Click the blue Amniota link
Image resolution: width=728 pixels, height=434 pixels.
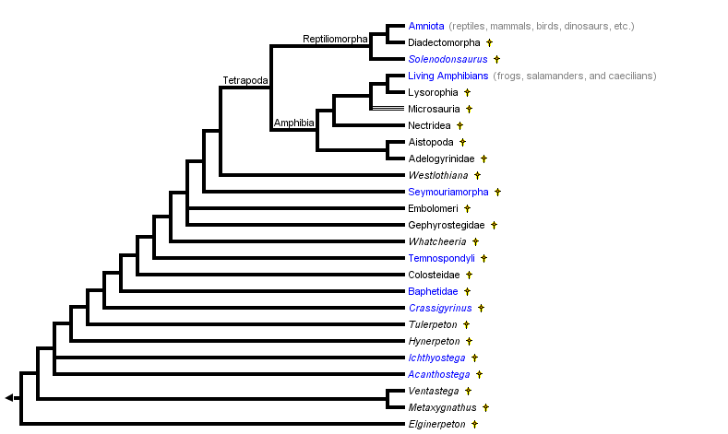tap(426, 26)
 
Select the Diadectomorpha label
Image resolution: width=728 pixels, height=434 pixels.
tap(444, 42)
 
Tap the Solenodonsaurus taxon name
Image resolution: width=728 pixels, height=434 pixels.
tap(448, 59)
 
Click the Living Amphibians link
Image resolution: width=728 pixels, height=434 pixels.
tap(448, 76)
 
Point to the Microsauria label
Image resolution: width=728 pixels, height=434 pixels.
tap(434, 109)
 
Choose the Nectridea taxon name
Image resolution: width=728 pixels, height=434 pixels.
tap(429, 125)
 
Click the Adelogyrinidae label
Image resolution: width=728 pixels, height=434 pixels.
tap(441, 158)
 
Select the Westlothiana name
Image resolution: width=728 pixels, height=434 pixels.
tap(438, 175)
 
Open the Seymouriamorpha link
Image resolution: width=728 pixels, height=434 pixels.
tap(448, 192)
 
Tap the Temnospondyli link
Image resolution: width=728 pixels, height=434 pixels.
tap(442, 258)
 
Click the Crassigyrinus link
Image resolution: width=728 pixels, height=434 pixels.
tap(440, 308)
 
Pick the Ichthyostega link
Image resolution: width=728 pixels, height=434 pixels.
tap(436, 358)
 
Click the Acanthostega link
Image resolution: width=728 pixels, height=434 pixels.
tap(439, 374)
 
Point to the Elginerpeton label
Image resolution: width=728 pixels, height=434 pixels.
tap(437, 424)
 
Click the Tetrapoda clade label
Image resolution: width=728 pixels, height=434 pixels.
tap(245, 81)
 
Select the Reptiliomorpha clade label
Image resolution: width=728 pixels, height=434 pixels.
tap(335, 39)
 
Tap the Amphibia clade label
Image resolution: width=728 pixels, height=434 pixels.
tap(294, 123)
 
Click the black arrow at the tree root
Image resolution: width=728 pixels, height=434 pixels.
tap(9, 397)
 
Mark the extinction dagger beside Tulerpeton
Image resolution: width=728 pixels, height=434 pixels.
tap(467, 324)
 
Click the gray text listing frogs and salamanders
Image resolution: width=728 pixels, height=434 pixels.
tap(574, 76)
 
